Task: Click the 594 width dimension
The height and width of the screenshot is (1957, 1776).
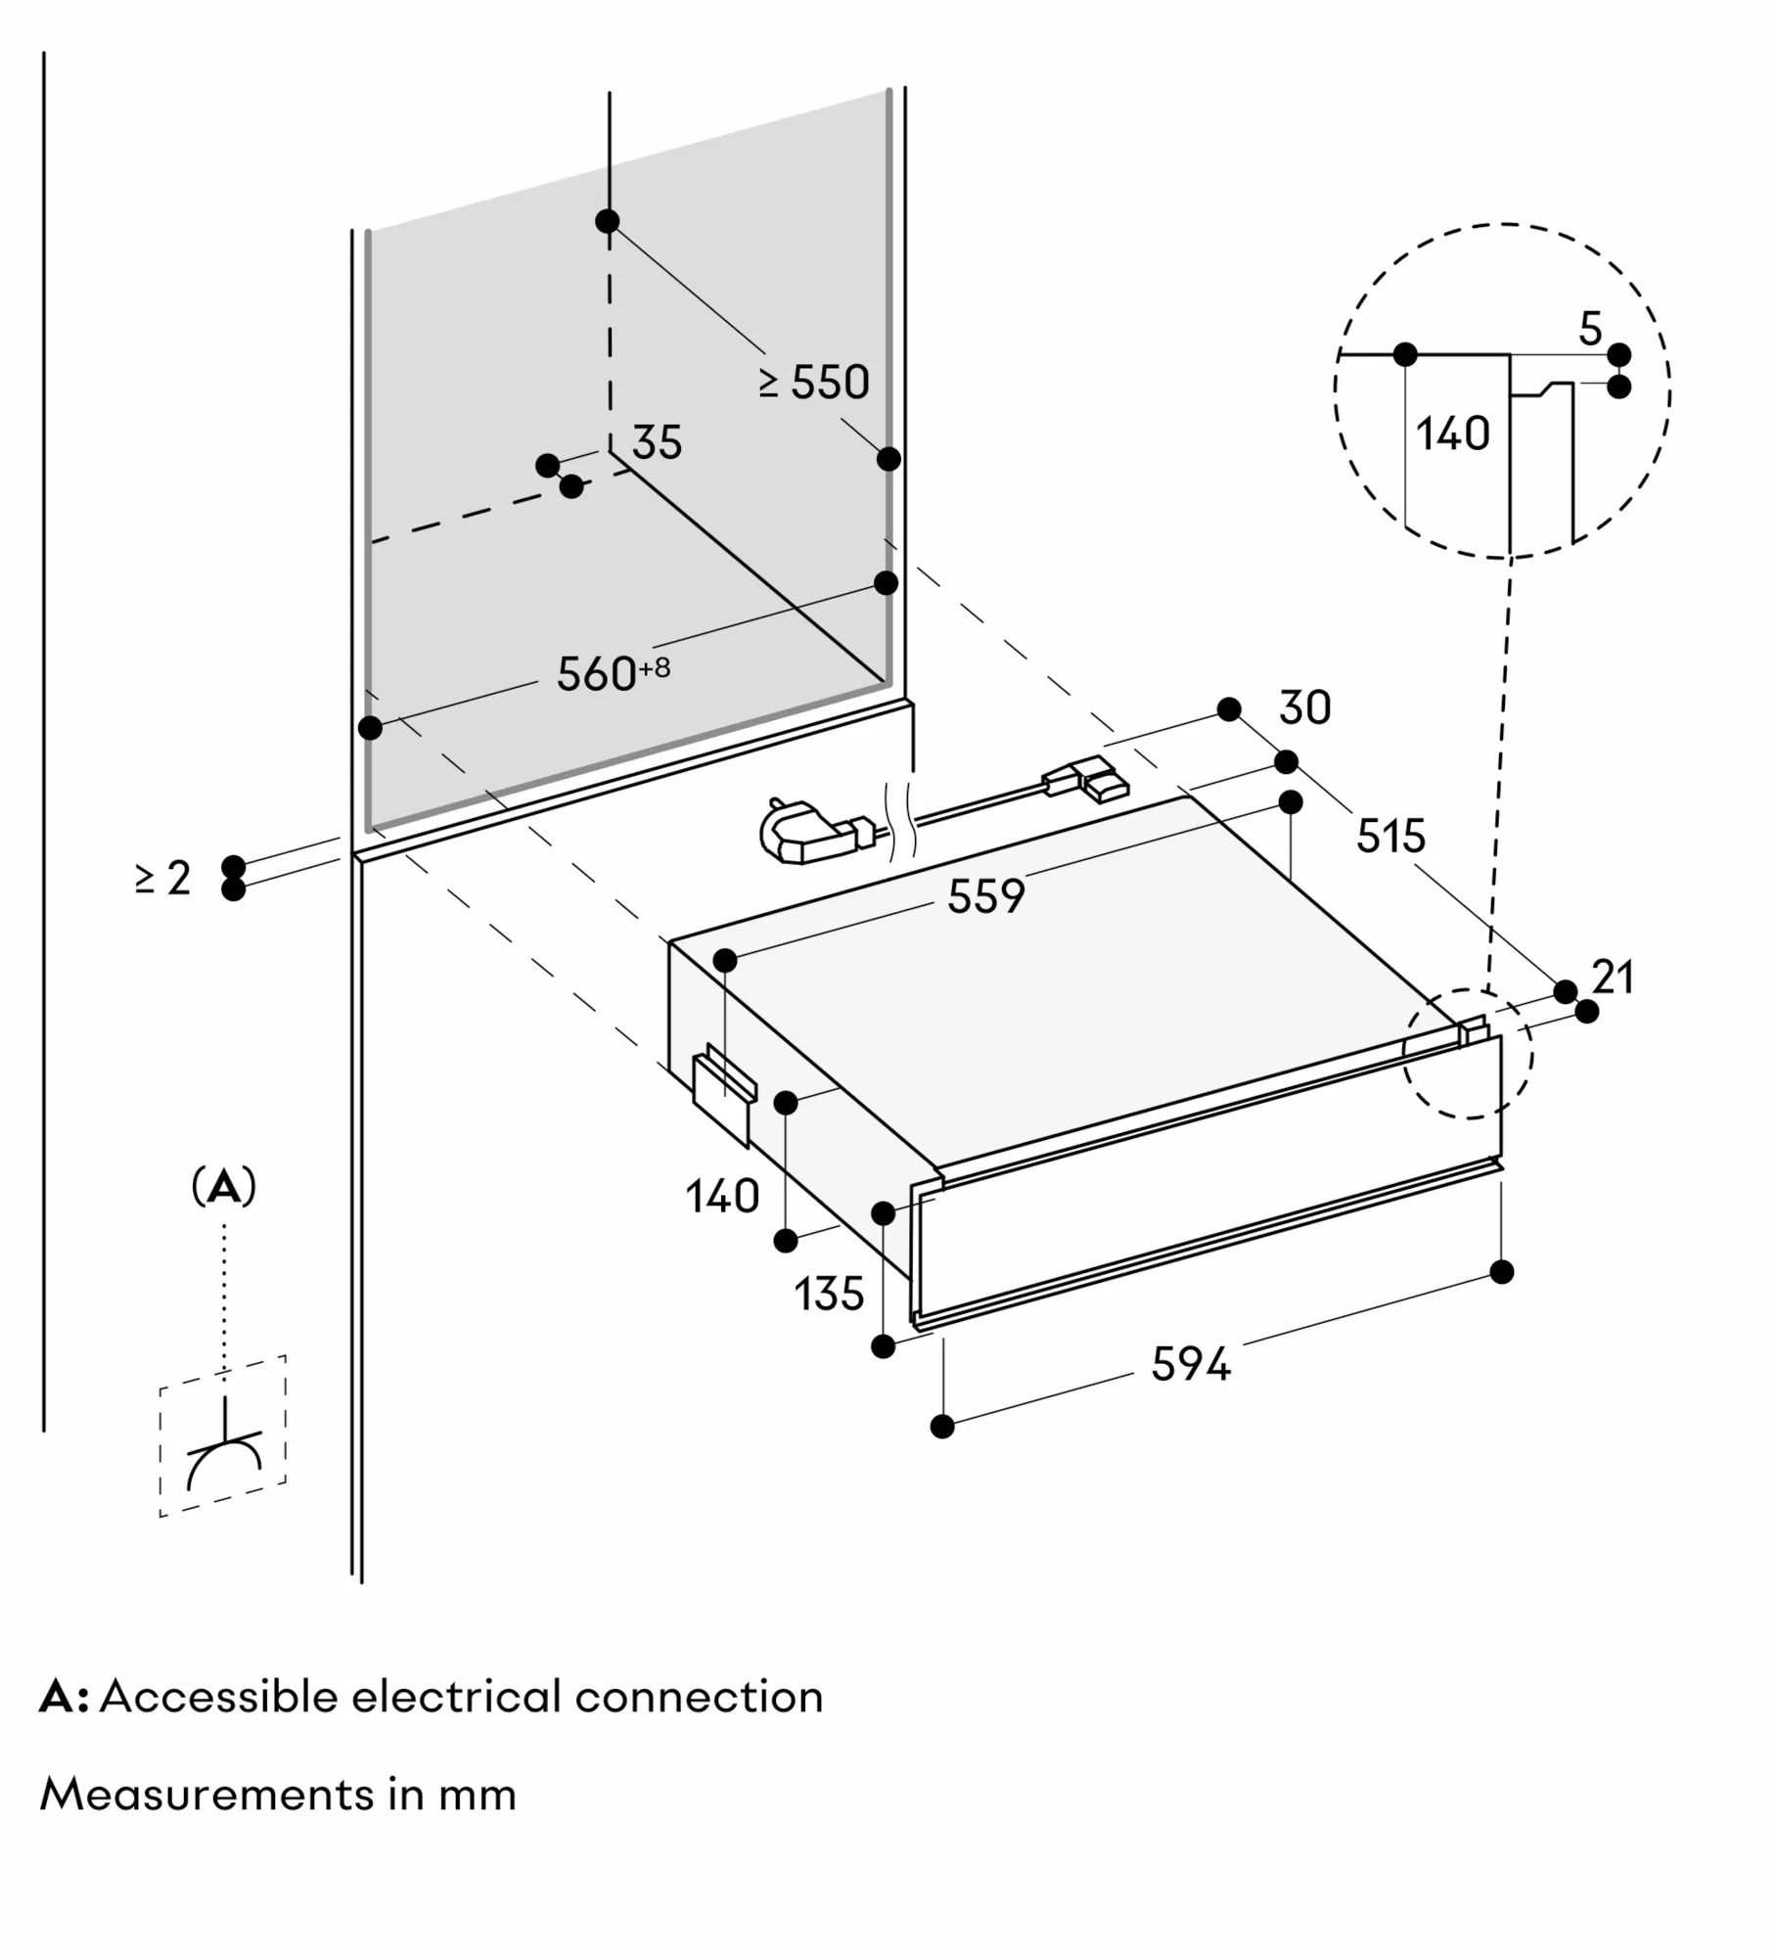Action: (1190, 1364)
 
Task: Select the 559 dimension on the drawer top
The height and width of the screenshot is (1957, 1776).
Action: (985, 896)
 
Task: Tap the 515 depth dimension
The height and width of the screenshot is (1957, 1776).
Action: (1390, 837)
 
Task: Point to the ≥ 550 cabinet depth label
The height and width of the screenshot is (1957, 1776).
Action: (814, 383)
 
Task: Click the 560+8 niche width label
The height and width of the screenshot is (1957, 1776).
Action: (613, 673)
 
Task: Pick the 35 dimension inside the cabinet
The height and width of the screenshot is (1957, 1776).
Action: (657, 442)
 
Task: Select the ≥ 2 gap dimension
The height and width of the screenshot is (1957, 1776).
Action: (163, 878)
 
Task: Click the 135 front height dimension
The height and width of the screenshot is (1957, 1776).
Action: (829, 1295)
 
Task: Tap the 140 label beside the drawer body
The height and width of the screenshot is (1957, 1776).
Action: (722, 1197)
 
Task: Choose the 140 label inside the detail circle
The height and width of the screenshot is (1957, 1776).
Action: (1452, 433)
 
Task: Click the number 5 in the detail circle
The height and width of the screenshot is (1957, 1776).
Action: (1590, 330)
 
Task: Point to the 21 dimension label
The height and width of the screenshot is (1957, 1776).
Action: (1614, 978)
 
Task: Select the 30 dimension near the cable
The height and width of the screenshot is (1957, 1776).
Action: (1304, 707)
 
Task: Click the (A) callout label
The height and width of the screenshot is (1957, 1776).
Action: (224, 1187)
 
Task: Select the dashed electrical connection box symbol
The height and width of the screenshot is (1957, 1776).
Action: (223, 1435)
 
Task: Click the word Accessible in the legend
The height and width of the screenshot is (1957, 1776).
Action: (218, 1698)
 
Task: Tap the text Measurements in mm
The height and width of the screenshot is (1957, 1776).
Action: (278, 1795)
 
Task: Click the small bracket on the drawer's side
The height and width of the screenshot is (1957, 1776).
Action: (723, 1095)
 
